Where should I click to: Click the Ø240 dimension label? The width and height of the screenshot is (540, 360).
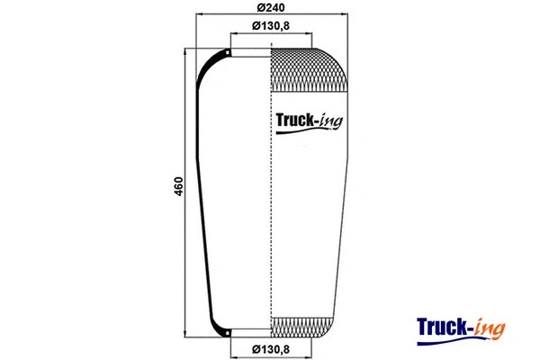[x=271, y=8]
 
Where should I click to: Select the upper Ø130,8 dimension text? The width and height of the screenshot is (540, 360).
[x=271, y=25]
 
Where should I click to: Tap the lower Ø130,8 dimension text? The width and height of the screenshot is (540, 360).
[x=271, y=349]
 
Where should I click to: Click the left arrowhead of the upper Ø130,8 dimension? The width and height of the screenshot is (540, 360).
[x=233, y=34]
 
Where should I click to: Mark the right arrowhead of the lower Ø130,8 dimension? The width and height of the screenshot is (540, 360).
[x=310, y=342]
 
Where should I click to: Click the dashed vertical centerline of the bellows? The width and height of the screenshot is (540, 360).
[x=272, y=198]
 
